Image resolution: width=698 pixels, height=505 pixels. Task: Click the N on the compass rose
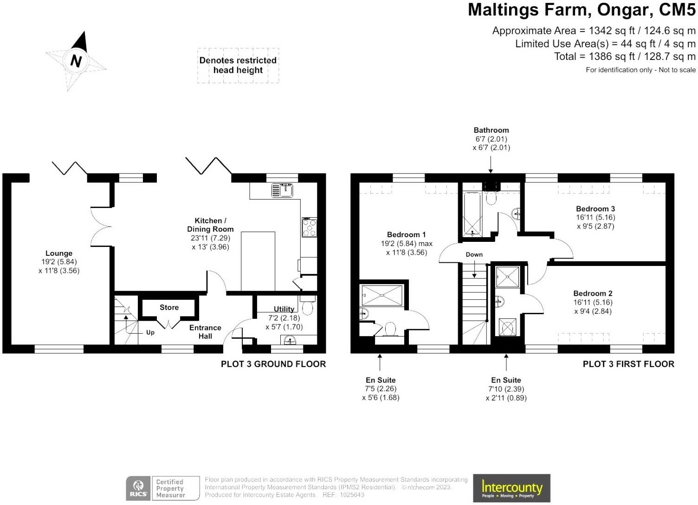pos(76,61)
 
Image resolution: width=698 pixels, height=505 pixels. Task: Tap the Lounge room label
pos(59,253)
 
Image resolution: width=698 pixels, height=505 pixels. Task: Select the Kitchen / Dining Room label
pos(210,225)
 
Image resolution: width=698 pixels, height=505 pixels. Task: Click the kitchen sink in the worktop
pos(282,190)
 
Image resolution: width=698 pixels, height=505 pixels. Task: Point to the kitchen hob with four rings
pos(310,227)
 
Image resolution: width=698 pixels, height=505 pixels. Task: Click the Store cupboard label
pos(169,307)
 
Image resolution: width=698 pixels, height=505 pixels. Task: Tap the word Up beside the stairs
pos(150,333)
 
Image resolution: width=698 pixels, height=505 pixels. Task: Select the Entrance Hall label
pos(205,332)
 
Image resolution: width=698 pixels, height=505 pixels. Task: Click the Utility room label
pos(284,309)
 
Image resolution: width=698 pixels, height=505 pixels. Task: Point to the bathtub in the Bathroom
pos(472,214)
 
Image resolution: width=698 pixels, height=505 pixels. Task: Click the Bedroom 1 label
pos(407,234)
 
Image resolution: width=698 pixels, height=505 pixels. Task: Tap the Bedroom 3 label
pos(595,208)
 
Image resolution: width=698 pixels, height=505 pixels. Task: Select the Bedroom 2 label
pos(593,293)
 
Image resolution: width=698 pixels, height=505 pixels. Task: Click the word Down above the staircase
pos(474,254)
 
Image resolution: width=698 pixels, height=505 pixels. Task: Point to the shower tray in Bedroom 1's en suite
pos(382,296)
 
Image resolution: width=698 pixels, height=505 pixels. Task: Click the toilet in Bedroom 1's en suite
pos(390,329)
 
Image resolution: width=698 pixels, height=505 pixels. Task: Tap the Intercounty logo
pos(511,488)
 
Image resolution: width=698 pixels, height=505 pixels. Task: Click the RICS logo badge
pos(138,488)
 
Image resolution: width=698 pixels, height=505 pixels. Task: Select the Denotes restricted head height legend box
pos(238,65)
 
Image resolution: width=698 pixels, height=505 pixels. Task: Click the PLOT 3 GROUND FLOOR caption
pos(273,364)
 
